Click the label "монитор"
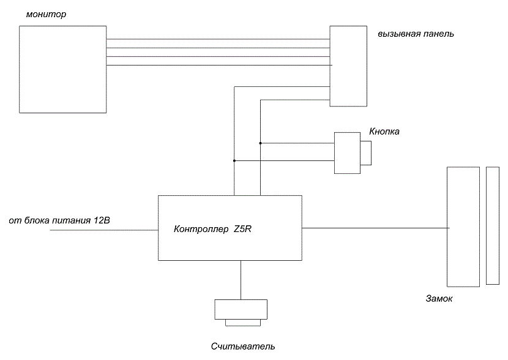pyautogui.click(x=46, y=14)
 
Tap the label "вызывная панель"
pyautogui.click(x=416, y=34)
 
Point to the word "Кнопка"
pyautogui.click(x=384, y=131)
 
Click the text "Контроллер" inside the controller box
pyautogui.click(x=201, y=229)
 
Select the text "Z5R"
pyautogui.click(x=242, y=229)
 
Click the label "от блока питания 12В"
pyautogui.click(x=59, y=220)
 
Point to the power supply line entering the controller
pyautogui.click(x=104, y=230)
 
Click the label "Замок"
pyautogui.click(x=439, y=298)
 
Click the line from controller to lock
pyautogui.click(x=376, y=228)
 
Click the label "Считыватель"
pyautogui.click(x=243, y=347)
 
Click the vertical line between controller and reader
pyautogui.click(x=241, y=280)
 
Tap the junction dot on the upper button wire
pyautogui.click(x=261, y=143)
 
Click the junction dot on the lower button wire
pyautogui.click(x=234, y=161)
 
